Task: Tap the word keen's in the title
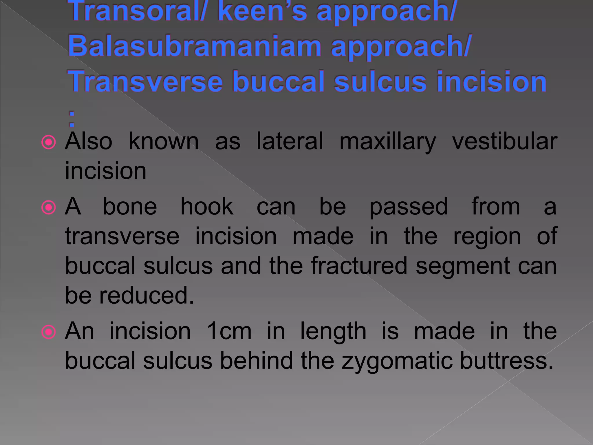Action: click(262, 12)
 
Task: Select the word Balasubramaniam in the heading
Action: click(194, 46)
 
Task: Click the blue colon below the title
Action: click(72, 119)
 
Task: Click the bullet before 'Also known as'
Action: click(49, 142)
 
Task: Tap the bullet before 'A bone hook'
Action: click(49, 207)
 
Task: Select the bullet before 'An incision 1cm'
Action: click(49, 332)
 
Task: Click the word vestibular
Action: click(504, 141)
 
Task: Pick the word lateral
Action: click(290, 141)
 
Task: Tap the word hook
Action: click(207, 207)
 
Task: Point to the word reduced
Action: click(147, 296)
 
